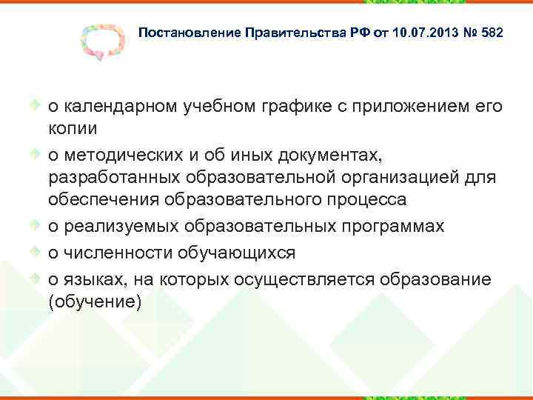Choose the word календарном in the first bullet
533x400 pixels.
pos(120,107)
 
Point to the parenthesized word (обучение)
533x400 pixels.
pos(94,301)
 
